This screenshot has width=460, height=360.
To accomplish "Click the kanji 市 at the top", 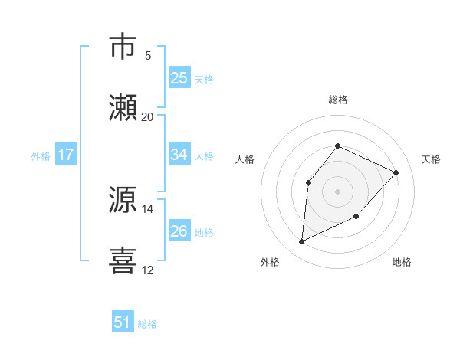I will tap(124, 47).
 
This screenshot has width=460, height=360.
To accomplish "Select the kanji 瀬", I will tap(124, 108).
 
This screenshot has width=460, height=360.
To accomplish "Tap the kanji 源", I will tap(124, 200).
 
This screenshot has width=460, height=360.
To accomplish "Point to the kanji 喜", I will tap(124, 260).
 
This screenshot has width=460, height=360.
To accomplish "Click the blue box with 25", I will tap(179, 78).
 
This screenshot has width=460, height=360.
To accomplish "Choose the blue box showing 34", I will tap(179, 155).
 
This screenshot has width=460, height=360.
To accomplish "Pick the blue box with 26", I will tap(179, 231).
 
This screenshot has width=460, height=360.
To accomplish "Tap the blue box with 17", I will tap(66, 155).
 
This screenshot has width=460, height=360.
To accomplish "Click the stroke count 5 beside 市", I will tap(148, 56).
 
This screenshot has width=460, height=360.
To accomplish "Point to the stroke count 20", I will tap(148, 116).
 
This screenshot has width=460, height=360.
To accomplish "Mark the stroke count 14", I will tap(148, 208).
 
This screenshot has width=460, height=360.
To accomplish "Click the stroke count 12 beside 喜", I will tap(148, 270).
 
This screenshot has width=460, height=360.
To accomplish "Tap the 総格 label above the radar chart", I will tap(337, 100).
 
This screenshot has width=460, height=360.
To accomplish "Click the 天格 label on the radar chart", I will tap(431, 159).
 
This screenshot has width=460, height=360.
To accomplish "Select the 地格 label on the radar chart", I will tap(402, 263).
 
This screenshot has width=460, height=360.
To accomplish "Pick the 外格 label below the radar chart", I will tap(271, 263).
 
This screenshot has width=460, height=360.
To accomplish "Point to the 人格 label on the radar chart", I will tap(245, 159).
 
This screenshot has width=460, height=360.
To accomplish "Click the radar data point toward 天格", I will tap(396, 172).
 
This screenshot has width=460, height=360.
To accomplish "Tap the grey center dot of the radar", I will tap(337, 191).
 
